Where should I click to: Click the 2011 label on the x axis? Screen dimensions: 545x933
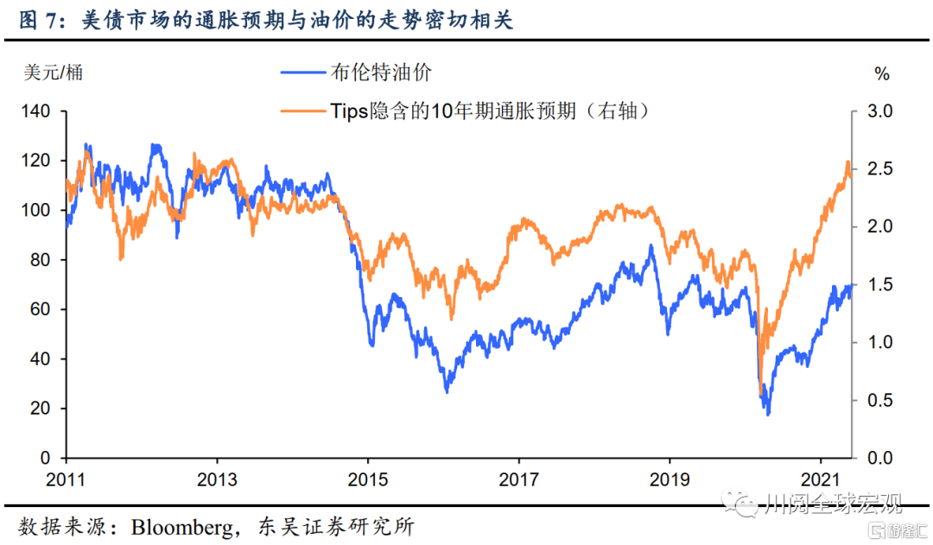[x=66, y=478]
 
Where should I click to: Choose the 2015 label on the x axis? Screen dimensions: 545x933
[x=367, y=478]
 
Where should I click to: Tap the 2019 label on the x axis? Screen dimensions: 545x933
[x=669, y=478]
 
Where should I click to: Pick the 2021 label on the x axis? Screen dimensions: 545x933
[x=819, y=478]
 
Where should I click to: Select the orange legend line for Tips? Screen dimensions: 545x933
[x=303, y=111]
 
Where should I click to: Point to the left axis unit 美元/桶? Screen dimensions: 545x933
[x=53, y=73]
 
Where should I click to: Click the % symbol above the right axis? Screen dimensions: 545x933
[x=882, y=74]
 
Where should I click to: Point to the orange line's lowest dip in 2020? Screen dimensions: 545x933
[x=761, y=395]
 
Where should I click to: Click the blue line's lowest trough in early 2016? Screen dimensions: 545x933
[x=447, y=391]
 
